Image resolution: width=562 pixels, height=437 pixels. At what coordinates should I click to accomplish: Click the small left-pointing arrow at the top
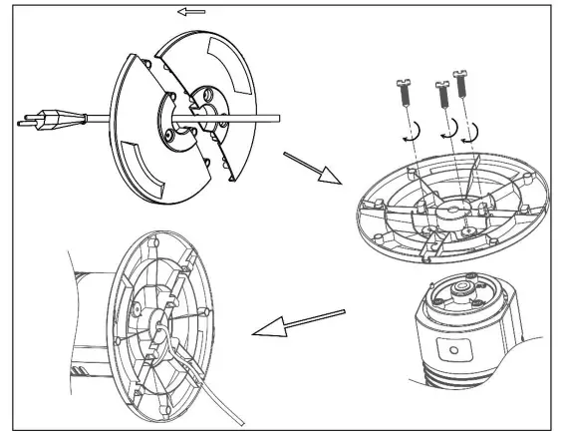(192, 13)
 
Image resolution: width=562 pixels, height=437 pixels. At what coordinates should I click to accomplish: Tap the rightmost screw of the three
(460, 85)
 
